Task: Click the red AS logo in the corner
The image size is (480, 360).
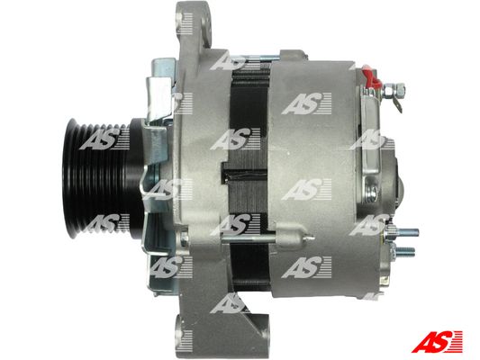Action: pos(437,341)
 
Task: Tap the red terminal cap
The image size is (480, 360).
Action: pos(370,76)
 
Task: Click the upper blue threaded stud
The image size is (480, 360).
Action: pos(406,232)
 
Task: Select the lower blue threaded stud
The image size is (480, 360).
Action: pos(404,251)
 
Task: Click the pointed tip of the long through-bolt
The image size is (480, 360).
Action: pos(312,237)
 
